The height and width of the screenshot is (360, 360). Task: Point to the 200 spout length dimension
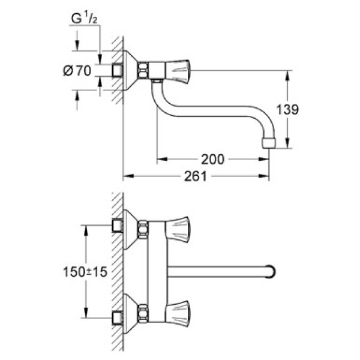click(x=212, y=159)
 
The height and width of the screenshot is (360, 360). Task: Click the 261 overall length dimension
click(x=196, y=176)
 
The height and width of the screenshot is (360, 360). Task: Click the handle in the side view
click(x=176, y=71)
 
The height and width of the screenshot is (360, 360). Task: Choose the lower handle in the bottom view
click(x=176, y=313)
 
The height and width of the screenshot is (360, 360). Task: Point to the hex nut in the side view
click(x=144, y=71)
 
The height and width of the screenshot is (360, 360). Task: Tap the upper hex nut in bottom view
click(x=143, y=229)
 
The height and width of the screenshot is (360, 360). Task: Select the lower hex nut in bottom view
click(x=143, y=313)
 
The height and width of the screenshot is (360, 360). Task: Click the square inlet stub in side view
click(x=118, y=71)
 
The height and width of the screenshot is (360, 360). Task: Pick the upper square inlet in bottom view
click(x=118, y=227)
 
